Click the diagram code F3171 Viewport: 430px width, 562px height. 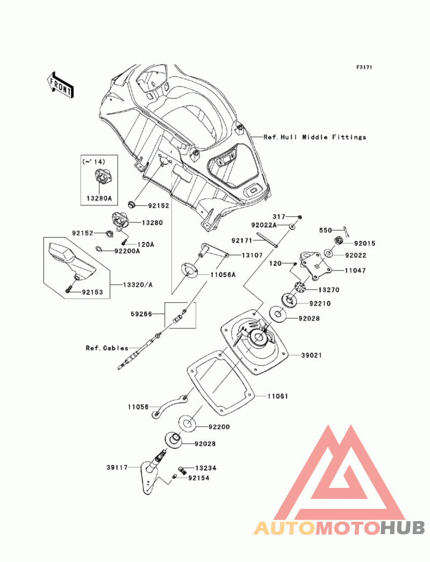click(x=364, y=67)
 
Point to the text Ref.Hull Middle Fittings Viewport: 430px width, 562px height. click(x=315, y=137)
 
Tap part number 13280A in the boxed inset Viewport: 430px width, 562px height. click(x=99, y=198)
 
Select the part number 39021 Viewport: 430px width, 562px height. click(x=311, y=355)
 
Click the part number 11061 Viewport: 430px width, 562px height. click(x=278, y=396)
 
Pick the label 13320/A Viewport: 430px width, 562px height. click(x=138, y=285)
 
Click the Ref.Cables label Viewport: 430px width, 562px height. click(x=107, y=348)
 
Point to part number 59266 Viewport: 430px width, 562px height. click(x=141, y=314)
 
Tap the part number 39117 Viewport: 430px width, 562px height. click(x=117, y=468)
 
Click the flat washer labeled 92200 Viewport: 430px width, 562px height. click(x=187, y=424)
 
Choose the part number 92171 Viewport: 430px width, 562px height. click(x=242, y=241)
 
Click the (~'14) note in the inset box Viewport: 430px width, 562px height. click(x=94, y=162)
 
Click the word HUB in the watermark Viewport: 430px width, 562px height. click(x=403, y=528)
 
